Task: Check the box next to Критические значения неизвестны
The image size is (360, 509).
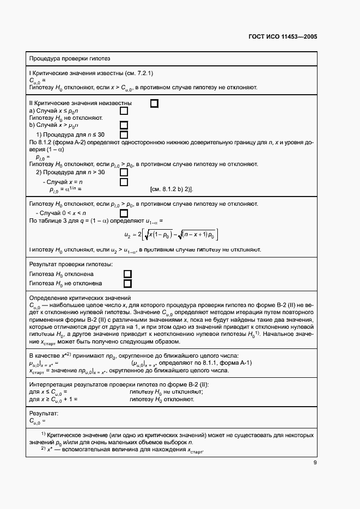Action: pos(154,103)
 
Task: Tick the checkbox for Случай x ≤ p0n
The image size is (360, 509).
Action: pos(124,111)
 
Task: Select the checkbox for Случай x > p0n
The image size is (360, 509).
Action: pos(124,125)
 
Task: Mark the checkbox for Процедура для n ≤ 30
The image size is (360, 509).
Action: pos(124,134)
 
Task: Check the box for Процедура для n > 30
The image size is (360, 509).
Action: pos(124,173)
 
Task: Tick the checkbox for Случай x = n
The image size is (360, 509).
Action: pos(124,182)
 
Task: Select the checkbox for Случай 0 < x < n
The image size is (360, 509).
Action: pos(124,213)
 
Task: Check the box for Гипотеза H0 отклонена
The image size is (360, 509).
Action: pos(127,274)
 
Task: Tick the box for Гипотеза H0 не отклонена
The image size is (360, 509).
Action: pos(127,284)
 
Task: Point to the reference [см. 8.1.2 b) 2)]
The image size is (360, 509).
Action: pos(172,190)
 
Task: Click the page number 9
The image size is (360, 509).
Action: pos(315,463)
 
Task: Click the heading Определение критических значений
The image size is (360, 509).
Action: pos(80,298)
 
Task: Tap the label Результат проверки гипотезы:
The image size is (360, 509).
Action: pos(71,264)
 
